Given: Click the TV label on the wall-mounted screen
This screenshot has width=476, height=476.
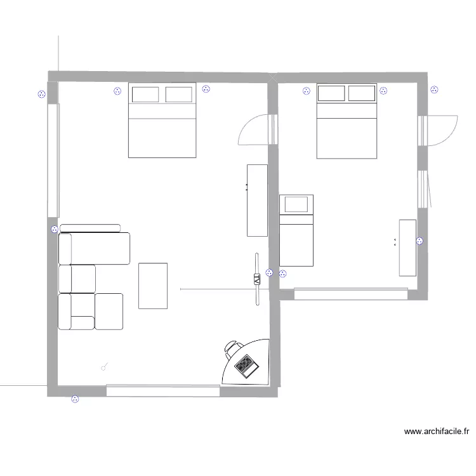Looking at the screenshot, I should coord(257,279).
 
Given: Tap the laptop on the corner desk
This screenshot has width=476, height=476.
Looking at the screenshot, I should coord(245,364).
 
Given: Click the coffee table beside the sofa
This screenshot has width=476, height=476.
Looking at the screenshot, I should coord(153,286).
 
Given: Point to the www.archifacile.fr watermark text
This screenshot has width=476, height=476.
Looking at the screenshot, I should coord(437,432).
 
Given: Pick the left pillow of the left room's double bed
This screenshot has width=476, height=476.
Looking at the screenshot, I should coord(145,95).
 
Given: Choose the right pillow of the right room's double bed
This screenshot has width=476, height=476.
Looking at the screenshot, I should coord(362,93).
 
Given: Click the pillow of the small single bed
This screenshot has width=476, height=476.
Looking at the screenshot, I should coord(296,204).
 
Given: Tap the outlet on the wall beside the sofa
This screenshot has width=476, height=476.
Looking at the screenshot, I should coord(54,230).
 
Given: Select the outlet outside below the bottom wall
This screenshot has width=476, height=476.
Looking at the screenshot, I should coord(76,399).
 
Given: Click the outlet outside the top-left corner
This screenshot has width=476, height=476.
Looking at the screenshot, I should coord(43,95).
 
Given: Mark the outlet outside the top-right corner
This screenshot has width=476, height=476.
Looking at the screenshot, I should coord(434,89).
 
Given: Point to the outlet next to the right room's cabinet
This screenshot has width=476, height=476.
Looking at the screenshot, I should coord(420,241).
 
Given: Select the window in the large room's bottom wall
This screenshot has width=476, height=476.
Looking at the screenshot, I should coord(163,391).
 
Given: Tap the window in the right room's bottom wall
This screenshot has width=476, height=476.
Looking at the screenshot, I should coord(350,294).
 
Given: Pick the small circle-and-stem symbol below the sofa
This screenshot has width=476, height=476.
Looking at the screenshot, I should coord(105,366).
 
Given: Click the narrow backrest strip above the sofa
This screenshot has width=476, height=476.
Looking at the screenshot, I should coord(90,228).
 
